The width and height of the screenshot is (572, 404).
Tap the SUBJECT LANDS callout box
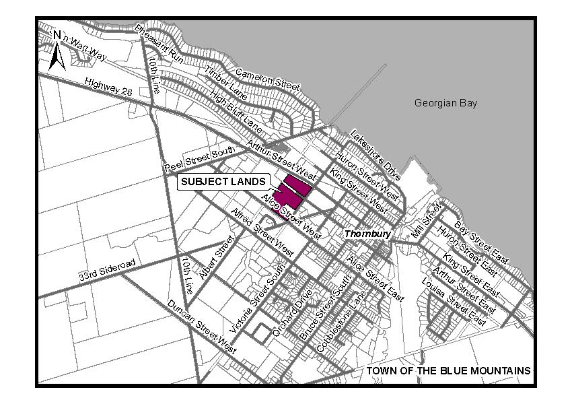click(224, 182)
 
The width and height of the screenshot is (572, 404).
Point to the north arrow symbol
click(57, 51)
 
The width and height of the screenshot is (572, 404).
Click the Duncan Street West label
click(203, 327)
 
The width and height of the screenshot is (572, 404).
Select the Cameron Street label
click(266, 77)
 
